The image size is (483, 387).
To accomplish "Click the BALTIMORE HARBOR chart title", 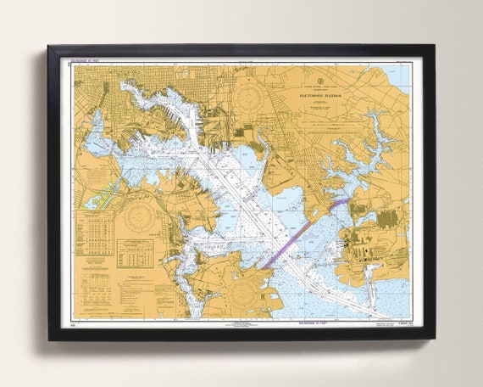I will (321, 96).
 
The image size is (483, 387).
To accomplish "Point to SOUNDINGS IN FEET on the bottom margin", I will (246, 323).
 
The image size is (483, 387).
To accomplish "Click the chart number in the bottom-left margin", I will (75, 323).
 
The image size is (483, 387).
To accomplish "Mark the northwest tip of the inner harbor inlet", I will (125, 84).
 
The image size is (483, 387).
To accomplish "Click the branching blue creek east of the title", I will (373, 144).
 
